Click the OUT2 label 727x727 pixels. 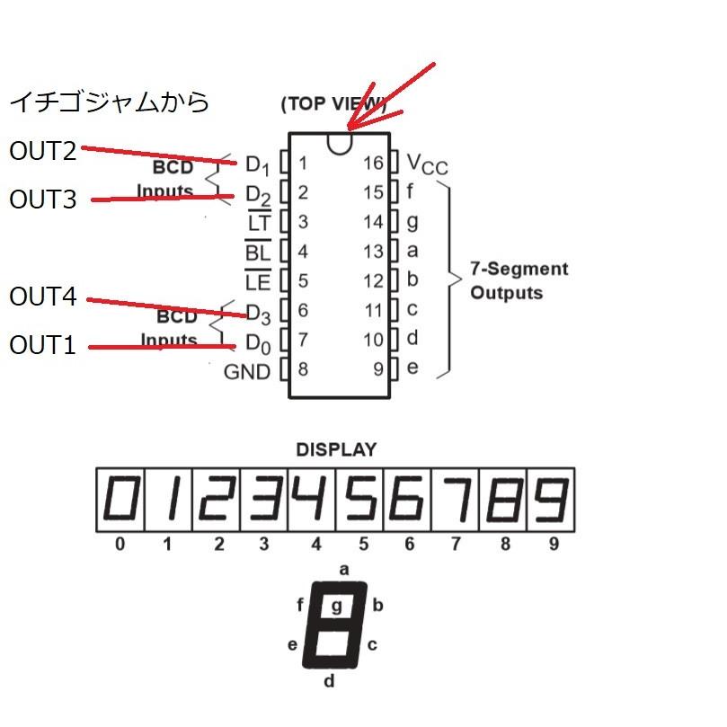pyautogui.click(x=43, y=151)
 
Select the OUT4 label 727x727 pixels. pyautogui.click(x=43, y=297)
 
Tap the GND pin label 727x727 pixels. pyautogui.click(x=246, y=371)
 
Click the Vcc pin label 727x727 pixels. pyautogui.click(x=427, y=164)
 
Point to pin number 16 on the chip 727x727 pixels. pyautogui.click(x=374, y=163)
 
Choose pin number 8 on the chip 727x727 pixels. pyautogui.click(x=303, y=368)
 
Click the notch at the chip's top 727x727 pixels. pyautogui.click(x=339, y=143)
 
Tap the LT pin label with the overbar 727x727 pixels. pyautogui.click(x=258, y=222)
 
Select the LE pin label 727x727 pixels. pyautogui.click(x=258, y=280)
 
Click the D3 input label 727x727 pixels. pyautogui.click(x=258, y=313)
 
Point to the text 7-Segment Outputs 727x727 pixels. pyautogui.click(x=519, y=280)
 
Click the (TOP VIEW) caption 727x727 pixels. pyautogui.click(x=332, y=103)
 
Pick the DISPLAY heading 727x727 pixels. pyautogui.click(x=336, y=449)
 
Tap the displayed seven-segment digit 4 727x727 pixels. pyautogui.click(x=313, y=499)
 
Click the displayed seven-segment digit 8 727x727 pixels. pyautogui.click(x=502, y=499)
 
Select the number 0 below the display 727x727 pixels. pyautogui.click(x=120, y=544)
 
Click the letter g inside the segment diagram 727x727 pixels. pyautogui.click(x=337, y=606)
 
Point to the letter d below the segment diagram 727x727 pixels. pyautogui.click(x=329, y=681)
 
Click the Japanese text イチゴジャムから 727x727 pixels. pyautogui.click(x=110, y=102)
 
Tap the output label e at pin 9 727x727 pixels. pyautogui.click(x=412, y=368)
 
